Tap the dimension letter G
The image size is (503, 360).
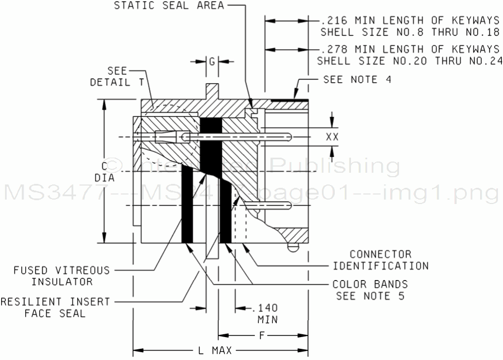(212, 61)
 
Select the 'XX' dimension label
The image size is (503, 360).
(333, 136)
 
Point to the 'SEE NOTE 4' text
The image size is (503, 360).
(357, 79)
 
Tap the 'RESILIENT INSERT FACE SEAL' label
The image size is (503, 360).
(55, 307)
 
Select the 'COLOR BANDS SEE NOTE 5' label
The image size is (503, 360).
(370, 289)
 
